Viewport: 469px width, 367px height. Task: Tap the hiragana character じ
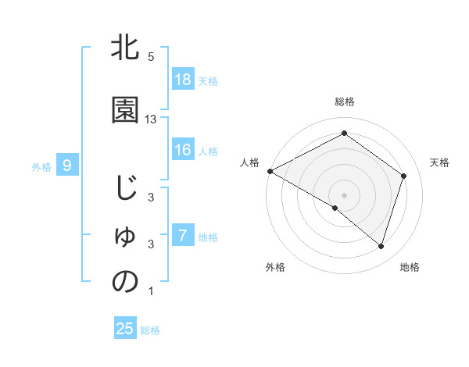tap(125, 191)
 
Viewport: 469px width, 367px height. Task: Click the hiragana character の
tap(125, 282)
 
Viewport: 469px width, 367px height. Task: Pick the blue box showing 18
tap(183, 80)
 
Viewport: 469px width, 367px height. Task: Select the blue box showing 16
tap(183, 150)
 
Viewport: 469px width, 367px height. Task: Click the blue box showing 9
tap(68, 165)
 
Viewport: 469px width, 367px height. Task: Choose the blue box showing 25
tap(125, 329)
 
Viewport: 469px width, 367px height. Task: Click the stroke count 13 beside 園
tap(152, 119)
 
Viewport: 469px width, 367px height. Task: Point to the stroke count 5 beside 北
tap(151, 57)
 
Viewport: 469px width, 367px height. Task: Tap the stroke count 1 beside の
tap(151, 291)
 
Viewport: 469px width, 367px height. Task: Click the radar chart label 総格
tap(344, 102)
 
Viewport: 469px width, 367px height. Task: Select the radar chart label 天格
tap(439, 162)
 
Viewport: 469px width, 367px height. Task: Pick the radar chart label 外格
tap(275, 267)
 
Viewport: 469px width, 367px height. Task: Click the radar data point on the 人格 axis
tap(270, 171)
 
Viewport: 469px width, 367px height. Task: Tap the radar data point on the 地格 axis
tap(381, 246)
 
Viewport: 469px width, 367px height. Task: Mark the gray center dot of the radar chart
tap(344, 194)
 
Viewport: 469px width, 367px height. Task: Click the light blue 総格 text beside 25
tap(151, 330)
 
